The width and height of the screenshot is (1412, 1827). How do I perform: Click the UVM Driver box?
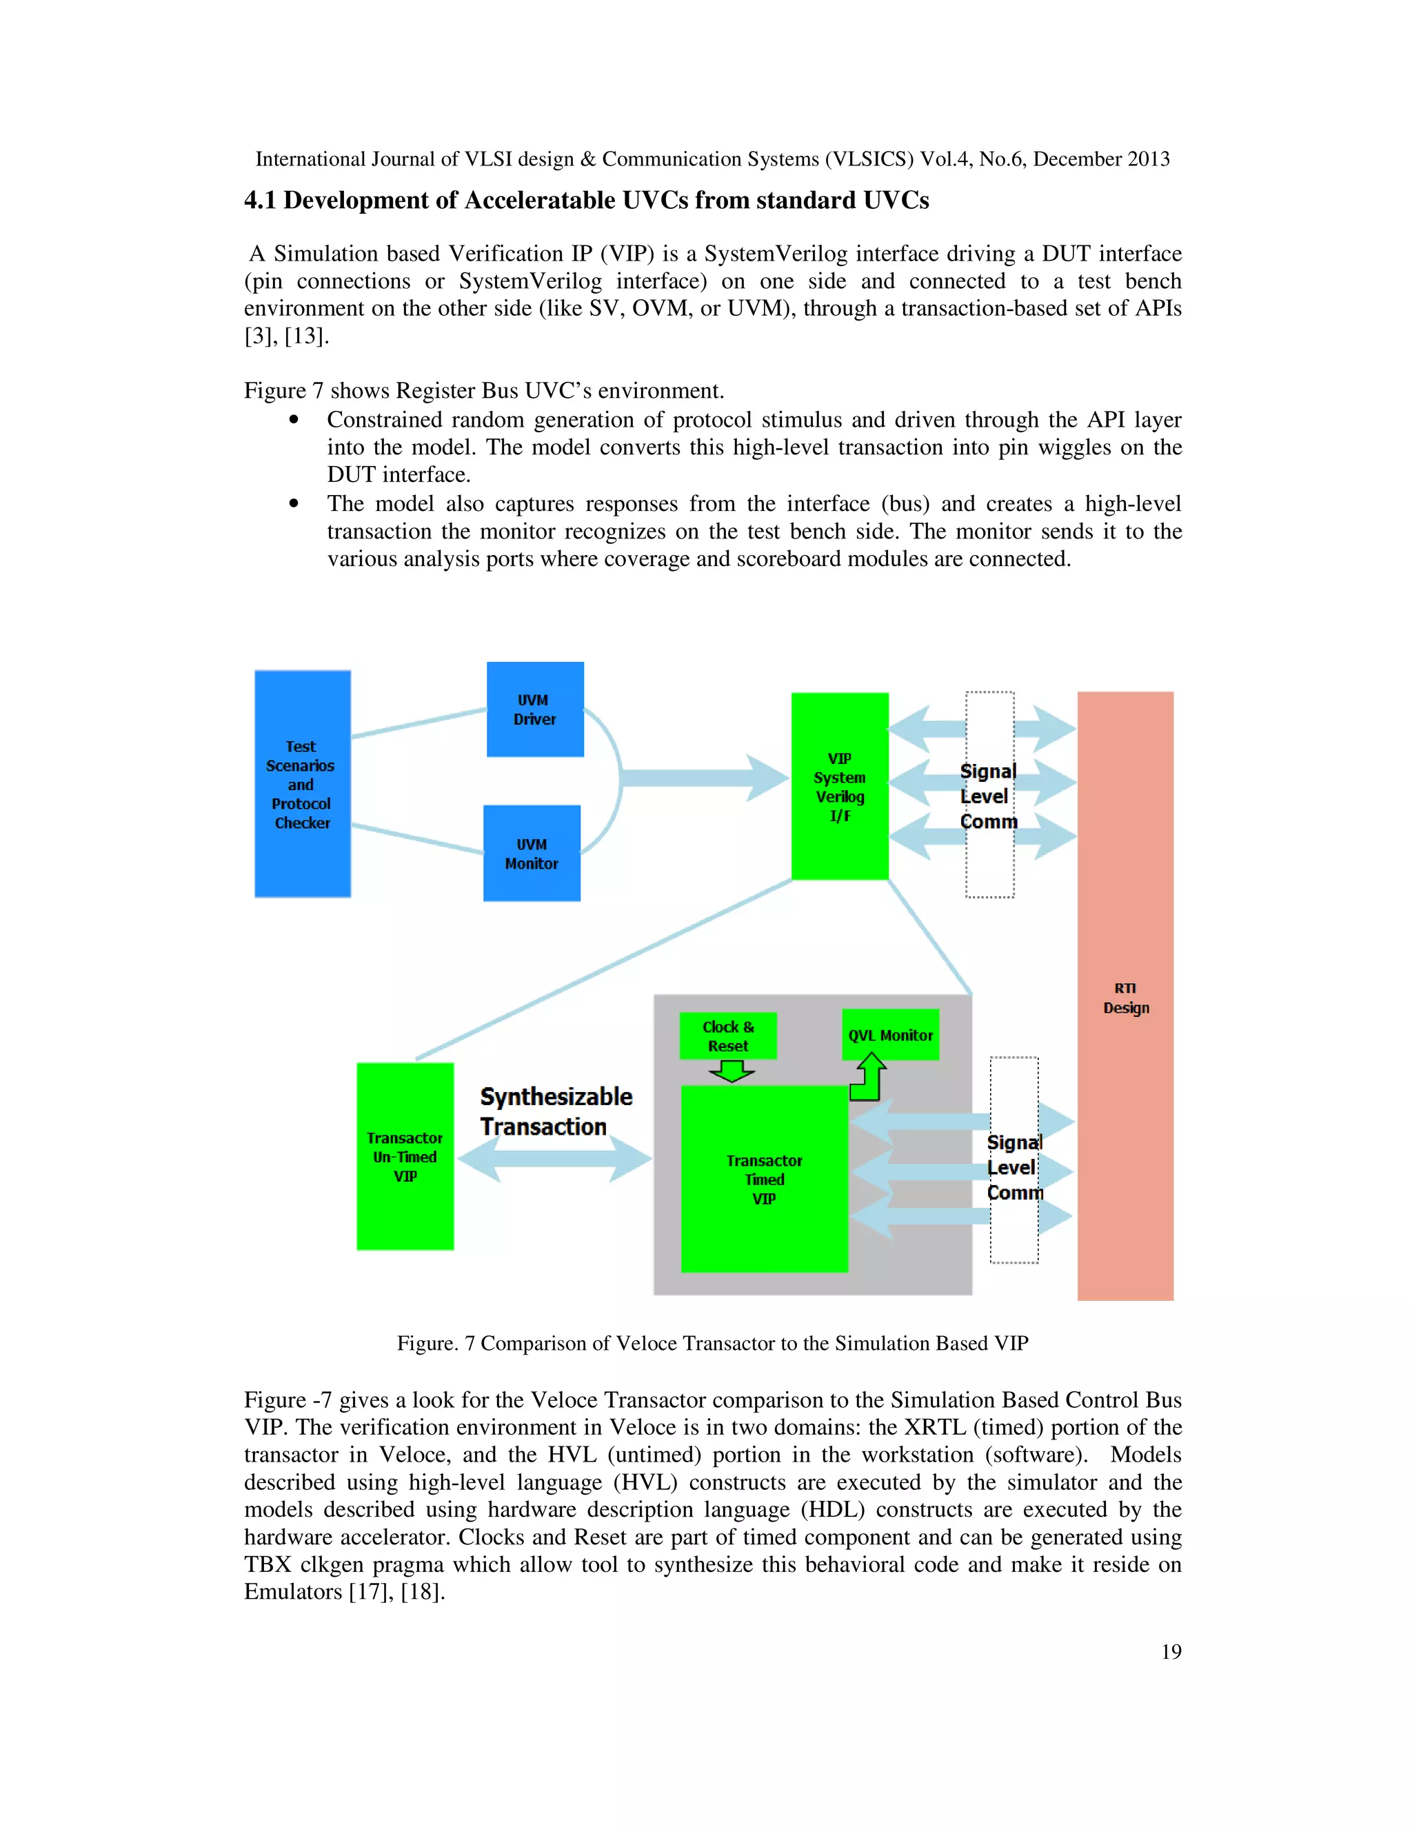coord(535,709)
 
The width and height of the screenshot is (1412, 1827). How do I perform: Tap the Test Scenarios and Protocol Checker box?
coord(302,784)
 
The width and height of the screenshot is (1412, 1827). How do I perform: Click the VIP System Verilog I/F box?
coord(840,787)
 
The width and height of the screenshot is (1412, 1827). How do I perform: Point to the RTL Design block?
coord(1125,997)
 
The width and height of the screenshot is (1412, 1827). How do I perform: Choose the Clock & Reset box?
coord(728,1036)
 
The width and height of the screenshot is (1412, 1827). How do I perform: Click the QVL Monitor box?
coord(890,1035)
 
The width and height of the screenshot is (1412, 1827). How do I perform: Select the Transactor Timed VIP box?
coord(764,1179)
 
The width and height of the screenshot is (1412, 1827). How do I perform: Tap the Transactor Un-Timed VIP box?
coord(405,1156)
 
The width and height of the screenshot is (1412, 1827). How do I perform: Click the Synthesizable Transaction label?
coord(556,1111)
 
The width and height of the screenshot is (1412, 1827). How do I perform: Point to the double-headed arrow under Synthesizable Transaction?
coord(554,1159)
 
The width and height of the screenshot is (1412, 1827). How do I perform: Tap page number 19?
coord(1171,1651)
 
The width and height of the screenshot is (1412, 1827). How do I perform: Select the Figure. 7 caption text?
coord(712,1342)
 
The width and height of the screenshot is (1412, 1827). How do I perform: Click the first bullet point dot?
coord(294,420)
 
